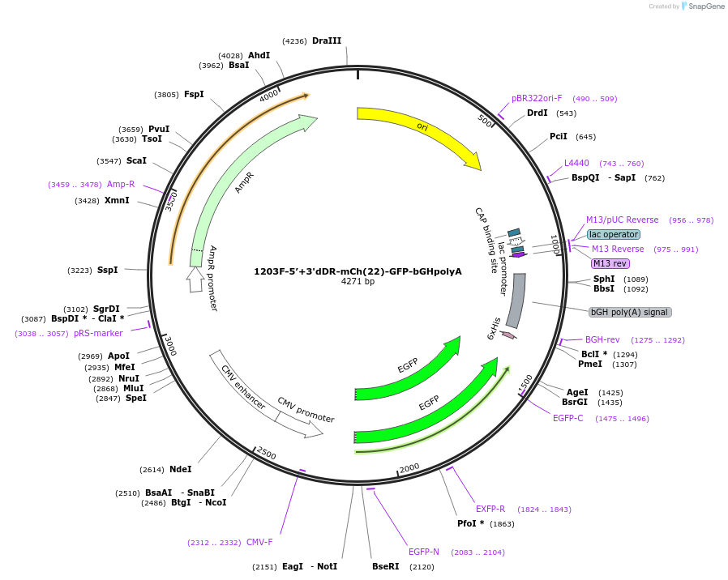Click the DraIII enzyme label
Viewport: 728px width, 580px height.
[x=327, y=41]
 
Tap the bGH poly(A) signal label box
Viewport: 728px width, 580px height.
[x=630, y=312]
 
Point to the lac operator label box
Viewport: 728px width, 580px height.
[x=614, y=234]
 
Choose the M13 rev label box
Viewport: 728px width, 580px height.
[x=610, y=263]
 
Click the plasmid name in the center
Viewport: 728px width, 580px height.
[x=358, y=271]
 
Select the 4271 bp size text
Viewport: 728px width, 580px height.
[x=358, y=282]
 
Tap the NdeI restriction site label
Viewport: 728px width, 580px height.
[x=181, y=469]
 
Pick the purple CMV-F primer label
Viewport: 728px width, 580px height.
[x=259, y=542]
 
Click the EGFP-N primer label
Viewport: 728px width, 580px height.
[x=424, y=552]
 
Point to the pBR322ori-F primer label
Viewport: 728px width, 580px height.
[x=536, y=98]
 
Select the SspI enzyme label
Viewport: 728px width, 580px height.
[x=108, y=270]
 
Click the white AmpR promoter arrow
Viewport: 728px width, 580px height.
[x=195, y=279]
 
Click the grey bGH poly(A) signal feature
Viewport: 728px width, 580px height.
[x=516, y=300]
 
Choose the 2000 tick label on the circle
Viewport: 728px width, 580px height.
[x=409, y=467]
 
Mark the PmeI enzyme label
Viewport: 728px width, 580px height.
[x=590, y=364]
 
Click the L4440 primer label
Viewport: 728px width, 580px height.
[x=576, y=163]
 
